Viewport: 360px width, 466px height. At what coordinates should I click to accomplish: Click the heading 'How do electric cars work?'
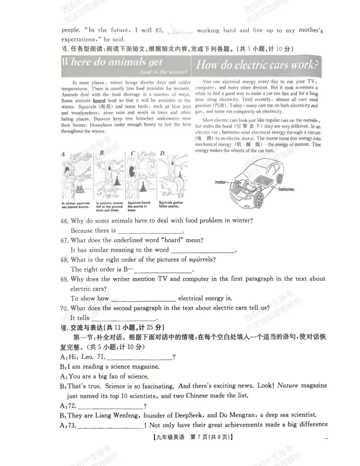(x=257, y=65)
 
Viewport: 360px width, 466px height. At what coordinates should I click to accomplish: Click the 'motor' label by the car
(x=220, y=182)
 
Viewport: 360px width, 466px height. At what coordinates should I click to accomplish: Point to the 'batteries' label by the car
(x=286, y=189)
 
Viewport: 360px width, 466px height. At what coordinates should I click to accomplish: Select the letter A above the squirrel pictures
(x=63, y=154)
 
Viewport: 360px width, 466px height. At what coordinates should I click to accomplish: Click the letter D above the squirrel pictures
(x=162, y=153)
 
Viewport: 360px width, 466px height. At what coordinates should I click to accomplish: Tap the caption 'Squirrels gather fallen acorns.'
(x=171, y=204)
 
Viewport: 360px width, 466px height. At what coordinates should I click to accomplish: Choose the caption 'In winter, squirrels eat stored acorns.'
(x=76, y=205)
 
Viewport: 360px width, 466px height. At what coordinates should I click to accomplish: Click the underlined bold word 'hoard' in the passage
(x=99, y=101)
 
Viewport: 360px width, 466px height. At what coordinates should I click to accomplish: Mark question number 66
(x=64, y=221)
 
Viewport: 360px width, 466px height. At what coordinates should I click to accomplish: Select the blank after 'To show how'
(x=143, y=299)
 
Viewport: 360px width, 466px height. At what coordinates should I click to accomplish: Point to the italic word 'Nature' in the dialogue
(x=287, y=386)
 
